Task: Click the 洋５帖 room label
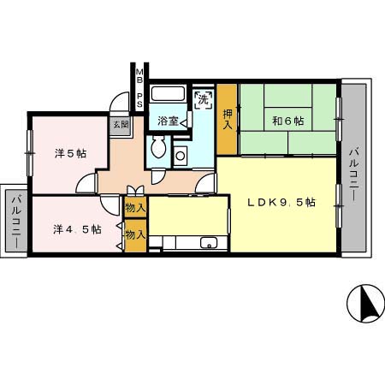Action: click(x=70, y=154)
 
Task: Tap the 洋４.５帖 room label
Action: click(x=77, y=229)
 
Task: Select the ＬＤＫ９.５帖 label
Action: click(x=281, y=203)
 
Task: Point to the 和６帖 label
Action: click(x=288, y=121)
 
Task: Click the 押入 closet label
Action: click(x=228, y=120)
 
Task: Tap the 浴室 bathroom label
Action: click(x=168, y=121)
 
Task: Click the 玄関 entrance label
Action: click(x=121, y=124)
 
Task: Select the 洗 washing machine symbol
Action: click(x=204, y=99)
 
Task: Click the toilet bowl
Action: click(x=158, y=146)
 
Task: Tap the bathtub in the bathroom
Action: click(x=168, y=93)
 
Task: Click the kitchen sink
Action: click(x=209, y=243)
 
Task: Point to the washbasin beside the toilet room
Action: click(x=181, y=156)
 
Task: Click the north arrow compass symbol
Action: click(x=366, y=304)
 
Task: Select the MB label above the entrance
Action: click(x=139, y=75)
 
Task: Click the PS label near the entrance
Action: click(x=139, y=100)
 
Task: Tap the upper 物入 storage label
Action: click(x=135, y=208)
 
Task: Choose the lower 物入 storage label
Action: click(x=135, y=235)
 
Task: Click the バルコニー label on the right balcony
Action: click(x=354, y=175)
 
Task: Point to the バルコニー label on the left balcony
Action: click(x=16, y=221)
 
